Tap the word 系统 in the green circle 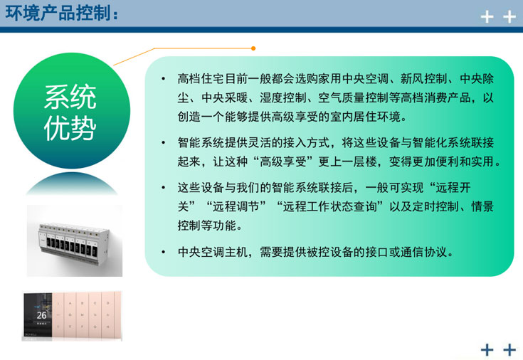pos(70,97)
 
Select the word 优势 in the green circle pos(70,127)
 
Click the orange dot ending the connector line pos(253,48)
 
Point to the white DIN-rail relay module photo pos(74,240)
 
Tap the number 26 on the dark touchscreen pos(41,314)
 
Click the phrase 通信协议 pos(427,253)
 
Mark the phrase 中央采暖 pos(226,97)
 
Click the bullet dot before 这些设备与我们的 pos(163,189)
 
